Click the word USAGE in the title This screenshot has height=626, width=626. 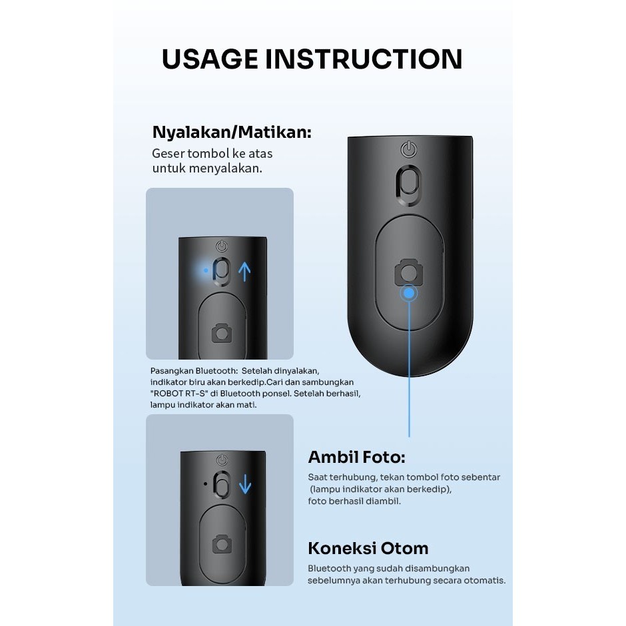click(x=210, y=59)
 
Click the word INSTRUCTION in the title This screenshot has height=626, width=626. click(x=364, y=59)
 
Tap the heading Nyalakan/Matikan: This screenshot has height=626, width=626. click(x=232, y=132)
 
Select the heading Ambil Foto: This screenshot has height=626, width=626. click(x=356, y=457)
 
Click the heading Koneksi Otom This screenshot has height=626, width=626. click(x=368, y=548)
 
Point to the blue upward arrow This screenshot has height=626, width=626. click(x=244, y=272)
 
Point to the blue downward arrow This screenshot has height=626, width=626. click(x=244, y=484)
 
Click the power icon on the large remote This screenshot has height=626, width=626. click(x=409, y=149)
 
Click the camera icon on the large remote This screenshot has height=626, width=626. click(x=409, y=272)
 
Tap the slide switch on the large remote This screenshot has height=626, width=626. click(x=409, y=185)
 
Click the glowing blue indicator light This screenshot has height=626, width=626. click(x=206, y=270)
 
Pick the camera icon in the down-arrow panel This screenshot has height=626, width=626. click(x=222, y=544)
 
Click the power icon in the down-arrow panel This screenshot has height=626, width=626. click(x=222, y=460)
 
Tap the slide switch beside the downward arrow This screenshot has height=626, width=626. click(x=222, y=484)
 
